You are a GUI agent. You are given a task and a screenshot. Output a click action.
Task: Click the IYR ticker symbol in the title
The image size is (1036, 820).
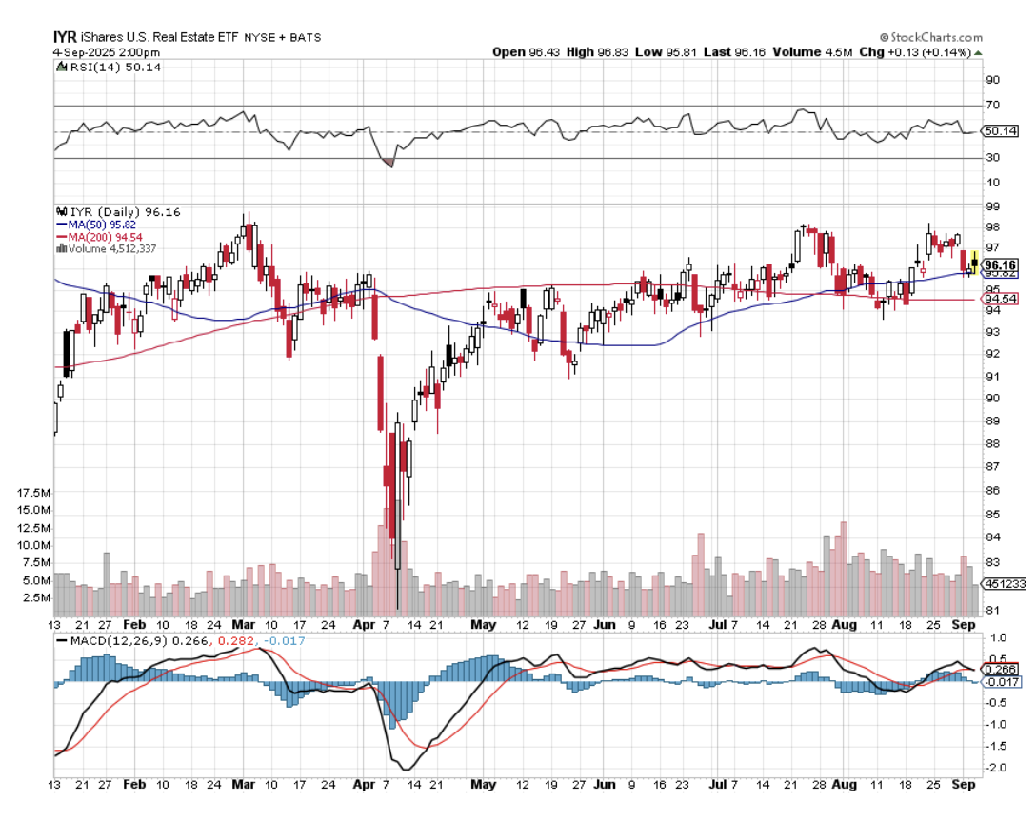point(64,36)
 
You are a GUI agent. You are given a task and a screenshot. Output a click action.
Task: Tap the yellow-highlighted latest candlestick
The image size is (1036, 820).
point(974,262)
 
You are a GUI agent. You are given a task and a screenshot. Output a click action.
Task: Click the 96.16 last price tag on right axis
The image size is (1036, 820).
point(1001,264)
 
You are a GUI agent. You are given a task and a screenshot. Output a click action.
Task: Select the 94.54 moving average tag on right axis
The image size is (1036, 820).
point(1001,300)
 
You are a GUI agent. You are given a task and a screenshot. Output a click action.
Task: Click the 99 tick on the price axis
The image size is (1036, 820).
point(991,205)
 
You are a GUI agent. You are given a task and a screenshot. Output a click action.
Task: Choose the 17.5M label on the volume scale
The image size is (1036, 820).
point(33,493)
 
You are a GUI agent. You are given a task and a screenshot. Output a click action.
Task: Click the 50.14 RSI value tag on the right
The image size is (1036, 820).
point(1001,131)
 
